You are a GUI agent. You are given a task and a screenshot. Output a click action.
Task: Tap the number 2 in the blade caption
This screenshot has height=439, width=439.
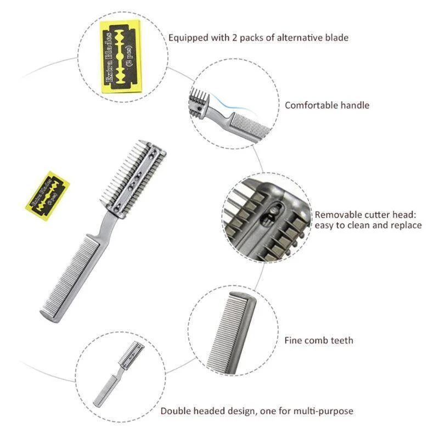coord(234,37)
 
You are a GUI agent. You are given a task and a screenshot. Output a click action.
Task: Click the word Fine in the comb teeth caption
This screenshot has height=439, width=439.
coord(293,340)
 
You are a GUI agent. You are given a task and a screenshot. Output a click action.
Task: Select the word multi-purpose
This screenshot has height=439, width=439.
coord(323,411)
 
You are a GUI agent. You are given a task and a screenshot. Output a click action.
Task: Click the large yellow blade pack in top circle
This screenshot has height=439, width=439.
coord(121,57)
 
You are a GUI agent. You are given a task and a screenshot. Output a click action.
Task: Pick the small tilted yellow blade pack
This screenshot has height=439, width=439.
coord(48,196)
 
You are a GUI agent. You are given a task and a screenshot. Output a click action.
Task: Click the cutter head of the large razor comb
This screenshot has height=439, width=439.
coord(133,179)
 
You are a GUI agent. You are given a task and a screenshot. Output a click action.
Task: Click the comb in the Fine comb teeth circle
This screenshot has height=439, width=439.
coord(232,333)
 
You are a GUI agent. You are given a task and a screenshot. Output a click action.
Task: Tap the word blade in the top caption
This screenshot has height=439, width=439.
coord(337,37)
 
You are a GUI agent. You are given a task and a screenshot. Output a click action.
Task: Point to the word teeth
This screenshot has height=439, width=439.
coord(342,340)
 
